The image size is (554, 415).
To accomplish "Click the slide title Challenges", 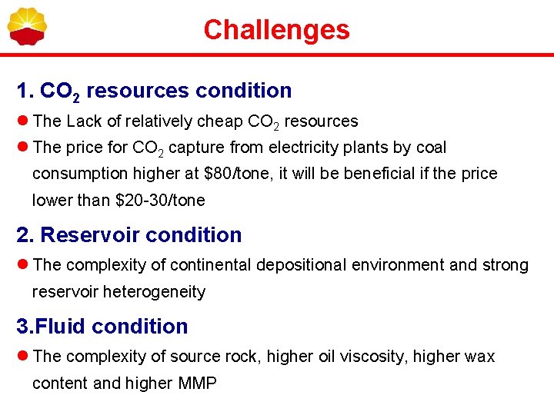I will (276, 30).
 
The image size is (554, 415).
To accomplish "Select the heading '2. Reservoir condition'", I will (129, 235).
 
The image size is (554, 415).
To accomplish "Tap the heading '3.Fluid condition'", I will (102, 327).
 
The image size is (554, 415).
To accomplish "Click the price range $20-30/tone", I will (160, 201).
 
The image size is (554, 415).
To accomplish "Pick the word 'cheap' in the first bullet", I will (221, 121).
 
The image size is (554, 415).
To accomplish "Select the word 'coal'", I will (431, 148).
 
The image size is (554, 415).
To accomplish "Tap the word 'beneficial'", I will (379, 174).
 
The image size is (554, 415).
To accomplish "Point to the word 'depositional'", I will (301, 265).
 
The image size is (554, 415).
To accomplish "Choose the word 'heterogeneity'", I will (157, 292).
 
